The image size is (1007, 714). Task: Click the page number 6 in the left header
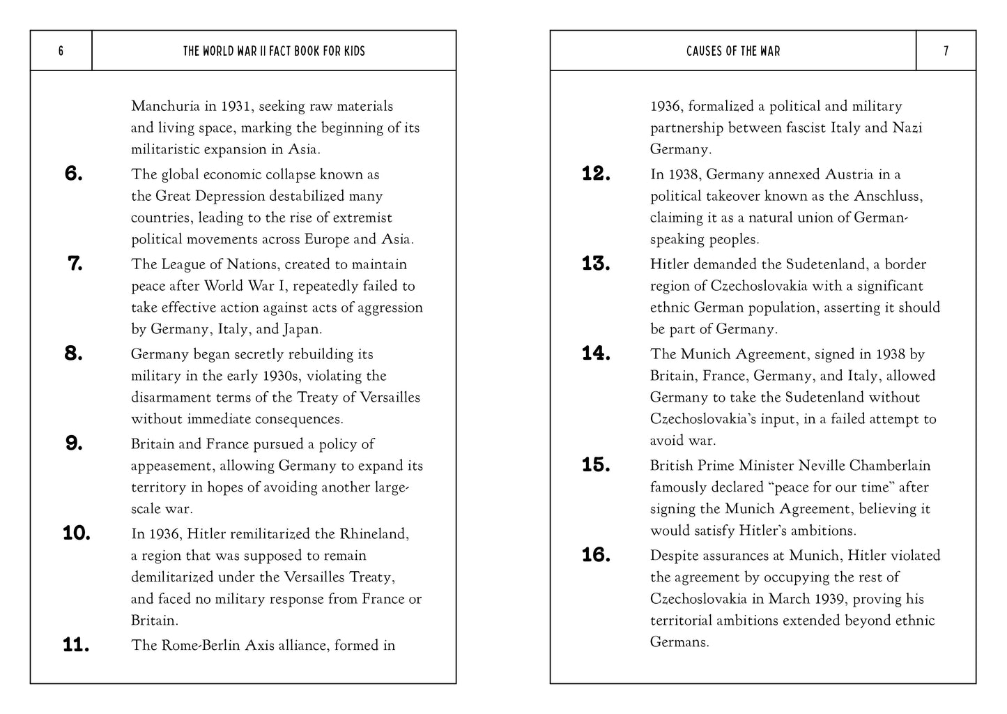pos(61,51)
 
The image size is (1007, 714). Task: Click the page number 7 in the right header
pos(946,51)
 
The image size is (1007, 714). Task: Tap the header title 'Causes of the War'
pos(733,51)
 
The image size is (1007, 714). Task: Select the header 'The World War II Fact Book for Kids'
pos(274,51)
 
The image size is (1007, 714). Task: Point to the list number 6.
pos(74,174)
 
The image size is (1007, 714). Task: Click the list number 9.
pos(74,443)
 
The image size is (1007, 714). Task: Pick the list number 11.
pos(76,645)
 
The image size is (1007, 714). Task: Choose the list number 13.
pos(596,264)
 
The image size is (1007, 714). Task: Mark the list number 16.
pos(596,555)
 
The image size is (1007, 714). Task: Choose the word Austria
pos(848,174)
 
